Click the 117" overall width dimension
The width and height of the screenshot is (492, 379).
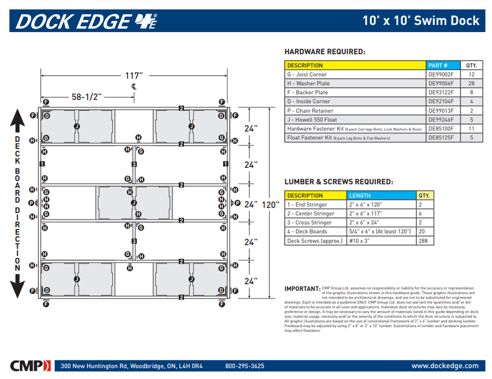point(134,76)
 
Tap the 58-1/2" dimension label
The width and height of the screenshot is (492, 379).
point(86,97)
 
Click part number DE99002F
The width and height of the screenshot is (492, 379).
point(441,75)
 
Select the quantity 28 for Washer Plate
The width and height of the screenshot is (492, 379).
point(471,83)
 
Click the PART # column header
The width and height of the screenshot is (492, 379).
point(437,65)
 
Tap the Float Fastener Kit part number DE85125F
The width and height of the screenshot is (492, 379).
point(441,138)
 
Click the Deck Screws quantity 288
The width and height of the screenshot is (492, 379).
point(425,241)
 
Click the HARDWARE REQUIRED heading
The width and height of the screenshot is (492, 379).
point(325,52)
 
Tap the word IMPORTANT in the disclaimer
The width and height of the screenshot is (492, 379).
point(302,288)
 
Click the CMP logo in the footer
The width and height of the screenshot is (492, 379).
point(31,366)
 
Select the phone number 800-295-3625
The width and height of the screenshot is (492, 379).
point(244,366)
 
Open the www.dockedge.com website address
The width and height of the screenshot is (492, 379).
point(445,366)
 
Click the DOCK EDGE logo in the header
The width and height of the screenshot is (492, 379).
point(86,21)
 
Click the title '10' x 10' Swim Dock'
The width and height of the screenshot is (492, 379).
point(421,21)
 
